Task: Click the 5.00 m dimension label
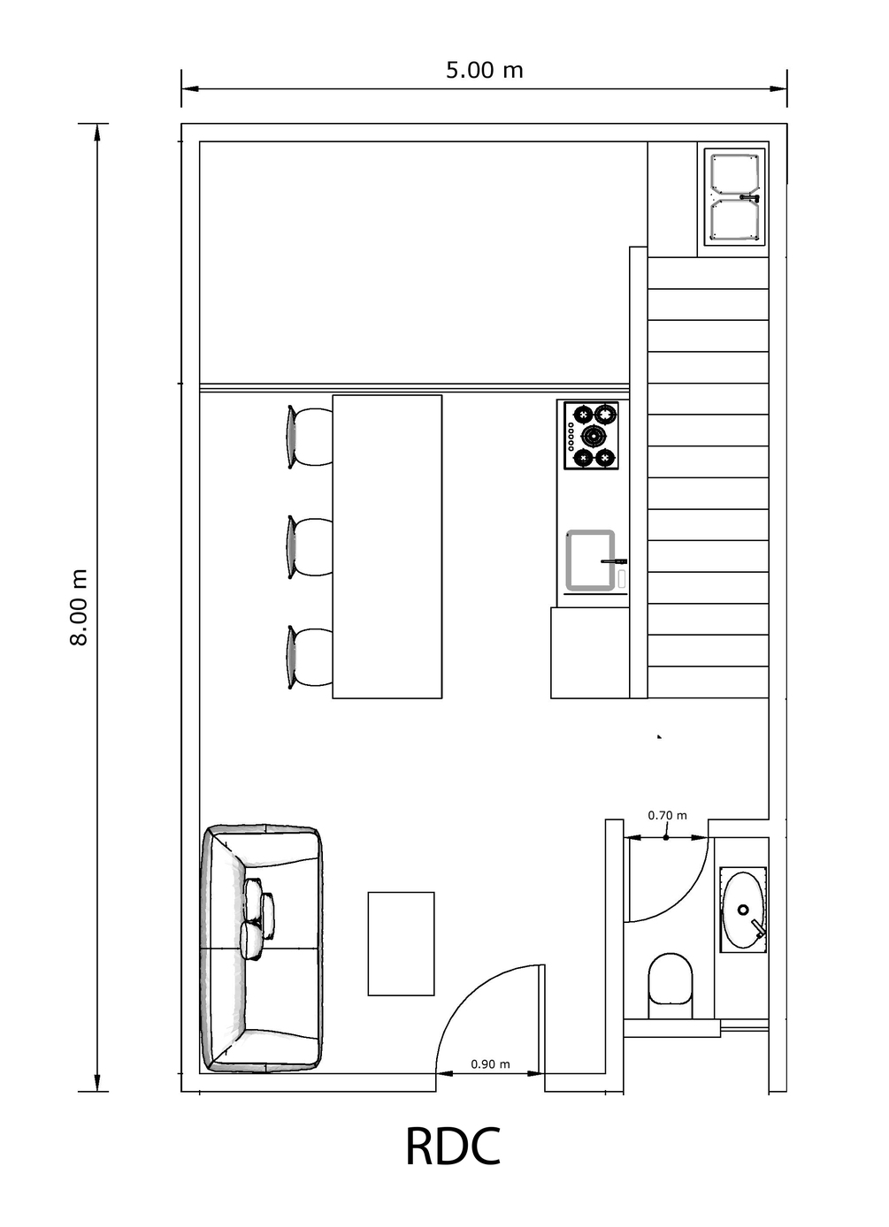484,70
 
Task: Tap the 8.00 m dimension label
79,607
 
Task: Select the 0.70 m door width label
667,830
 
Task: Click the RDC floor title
453,1162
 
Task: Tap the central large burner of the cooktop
594,436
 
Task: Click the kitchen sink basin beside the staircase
590,560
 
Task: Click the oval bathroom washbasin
743,911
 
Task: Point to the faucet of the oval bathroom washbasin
758,929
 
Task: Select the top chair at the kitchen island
309,437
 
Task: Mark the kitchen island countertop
387,546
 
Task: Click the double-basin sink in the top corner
734,197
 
